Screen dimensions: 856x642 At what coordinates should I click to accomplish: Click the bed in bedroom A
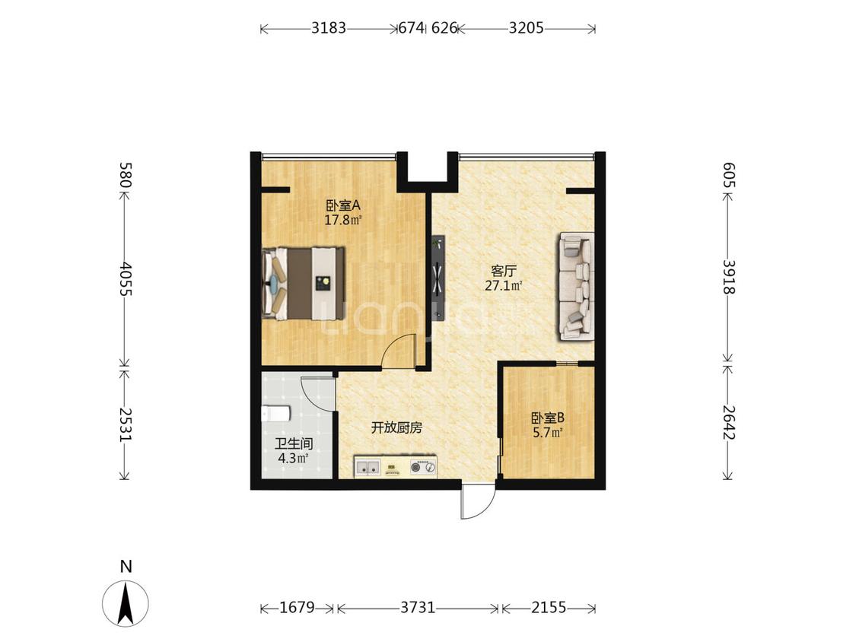[304, 284]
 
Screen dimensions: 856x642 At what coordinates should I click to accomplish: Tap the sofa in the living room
[576, 287]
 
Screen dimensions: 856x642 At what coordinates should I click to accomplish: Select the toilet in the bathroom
[276, 414]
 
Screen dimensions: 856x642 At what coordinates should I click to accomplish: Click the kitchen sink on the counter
[368, 467]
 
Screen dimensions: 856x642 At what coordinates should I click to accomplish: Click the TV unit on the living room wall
[438, 278]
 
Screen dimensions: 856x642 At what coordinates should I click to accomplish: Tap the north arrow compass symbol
[126, 602]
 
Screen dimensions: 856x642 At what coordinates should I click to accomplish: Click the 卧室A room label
[344, 206]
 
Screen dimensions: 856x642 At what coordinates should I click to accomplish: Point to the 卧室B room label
[548, 418]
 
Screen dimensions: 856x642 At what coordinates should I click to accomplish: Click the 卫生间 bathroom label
[294, 443]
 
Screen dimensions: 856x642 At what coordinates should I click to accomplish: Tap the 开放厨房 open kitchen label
[397, 428]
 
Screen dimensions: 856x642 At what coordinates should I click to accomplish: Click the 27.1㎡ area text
[504, 285]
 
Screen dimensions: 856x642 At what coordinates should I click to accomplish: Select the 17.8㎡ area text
[343, 220]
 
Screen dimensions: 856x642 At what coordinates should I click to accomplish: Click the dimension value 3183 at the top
[329, 28]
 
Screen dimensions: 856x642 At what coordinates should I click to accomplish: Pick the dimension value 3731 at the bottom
[418, 607]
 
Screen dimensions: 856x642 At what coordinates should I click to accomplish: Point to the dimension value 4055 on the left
[126, 278]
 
